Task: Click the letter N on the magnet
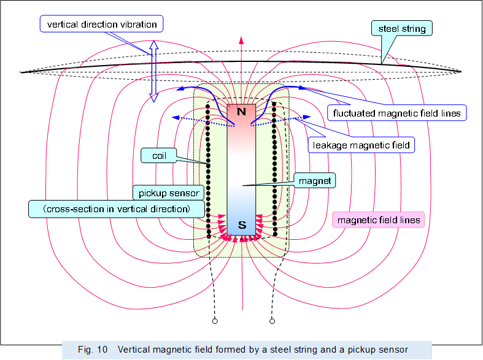click(241, 112)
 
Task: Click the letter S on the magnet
click(242, 225)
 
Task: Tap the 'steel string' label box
click(401, 28)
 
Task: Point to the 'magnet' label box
click(314, 181)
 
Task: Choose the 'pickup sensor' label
click(167, 193)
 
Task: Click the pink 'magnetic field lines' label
click(378, 220)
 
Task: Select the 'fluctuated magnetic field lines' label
click(396, 113)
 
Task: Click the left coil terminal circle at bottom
click(215, 320)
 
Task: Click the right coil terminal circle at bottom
click(271, 320)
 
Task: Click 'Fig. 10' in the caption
click(93, 350)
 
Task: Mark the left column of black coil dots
click(209, 172)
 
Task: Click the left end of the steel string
click(23, 72)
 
